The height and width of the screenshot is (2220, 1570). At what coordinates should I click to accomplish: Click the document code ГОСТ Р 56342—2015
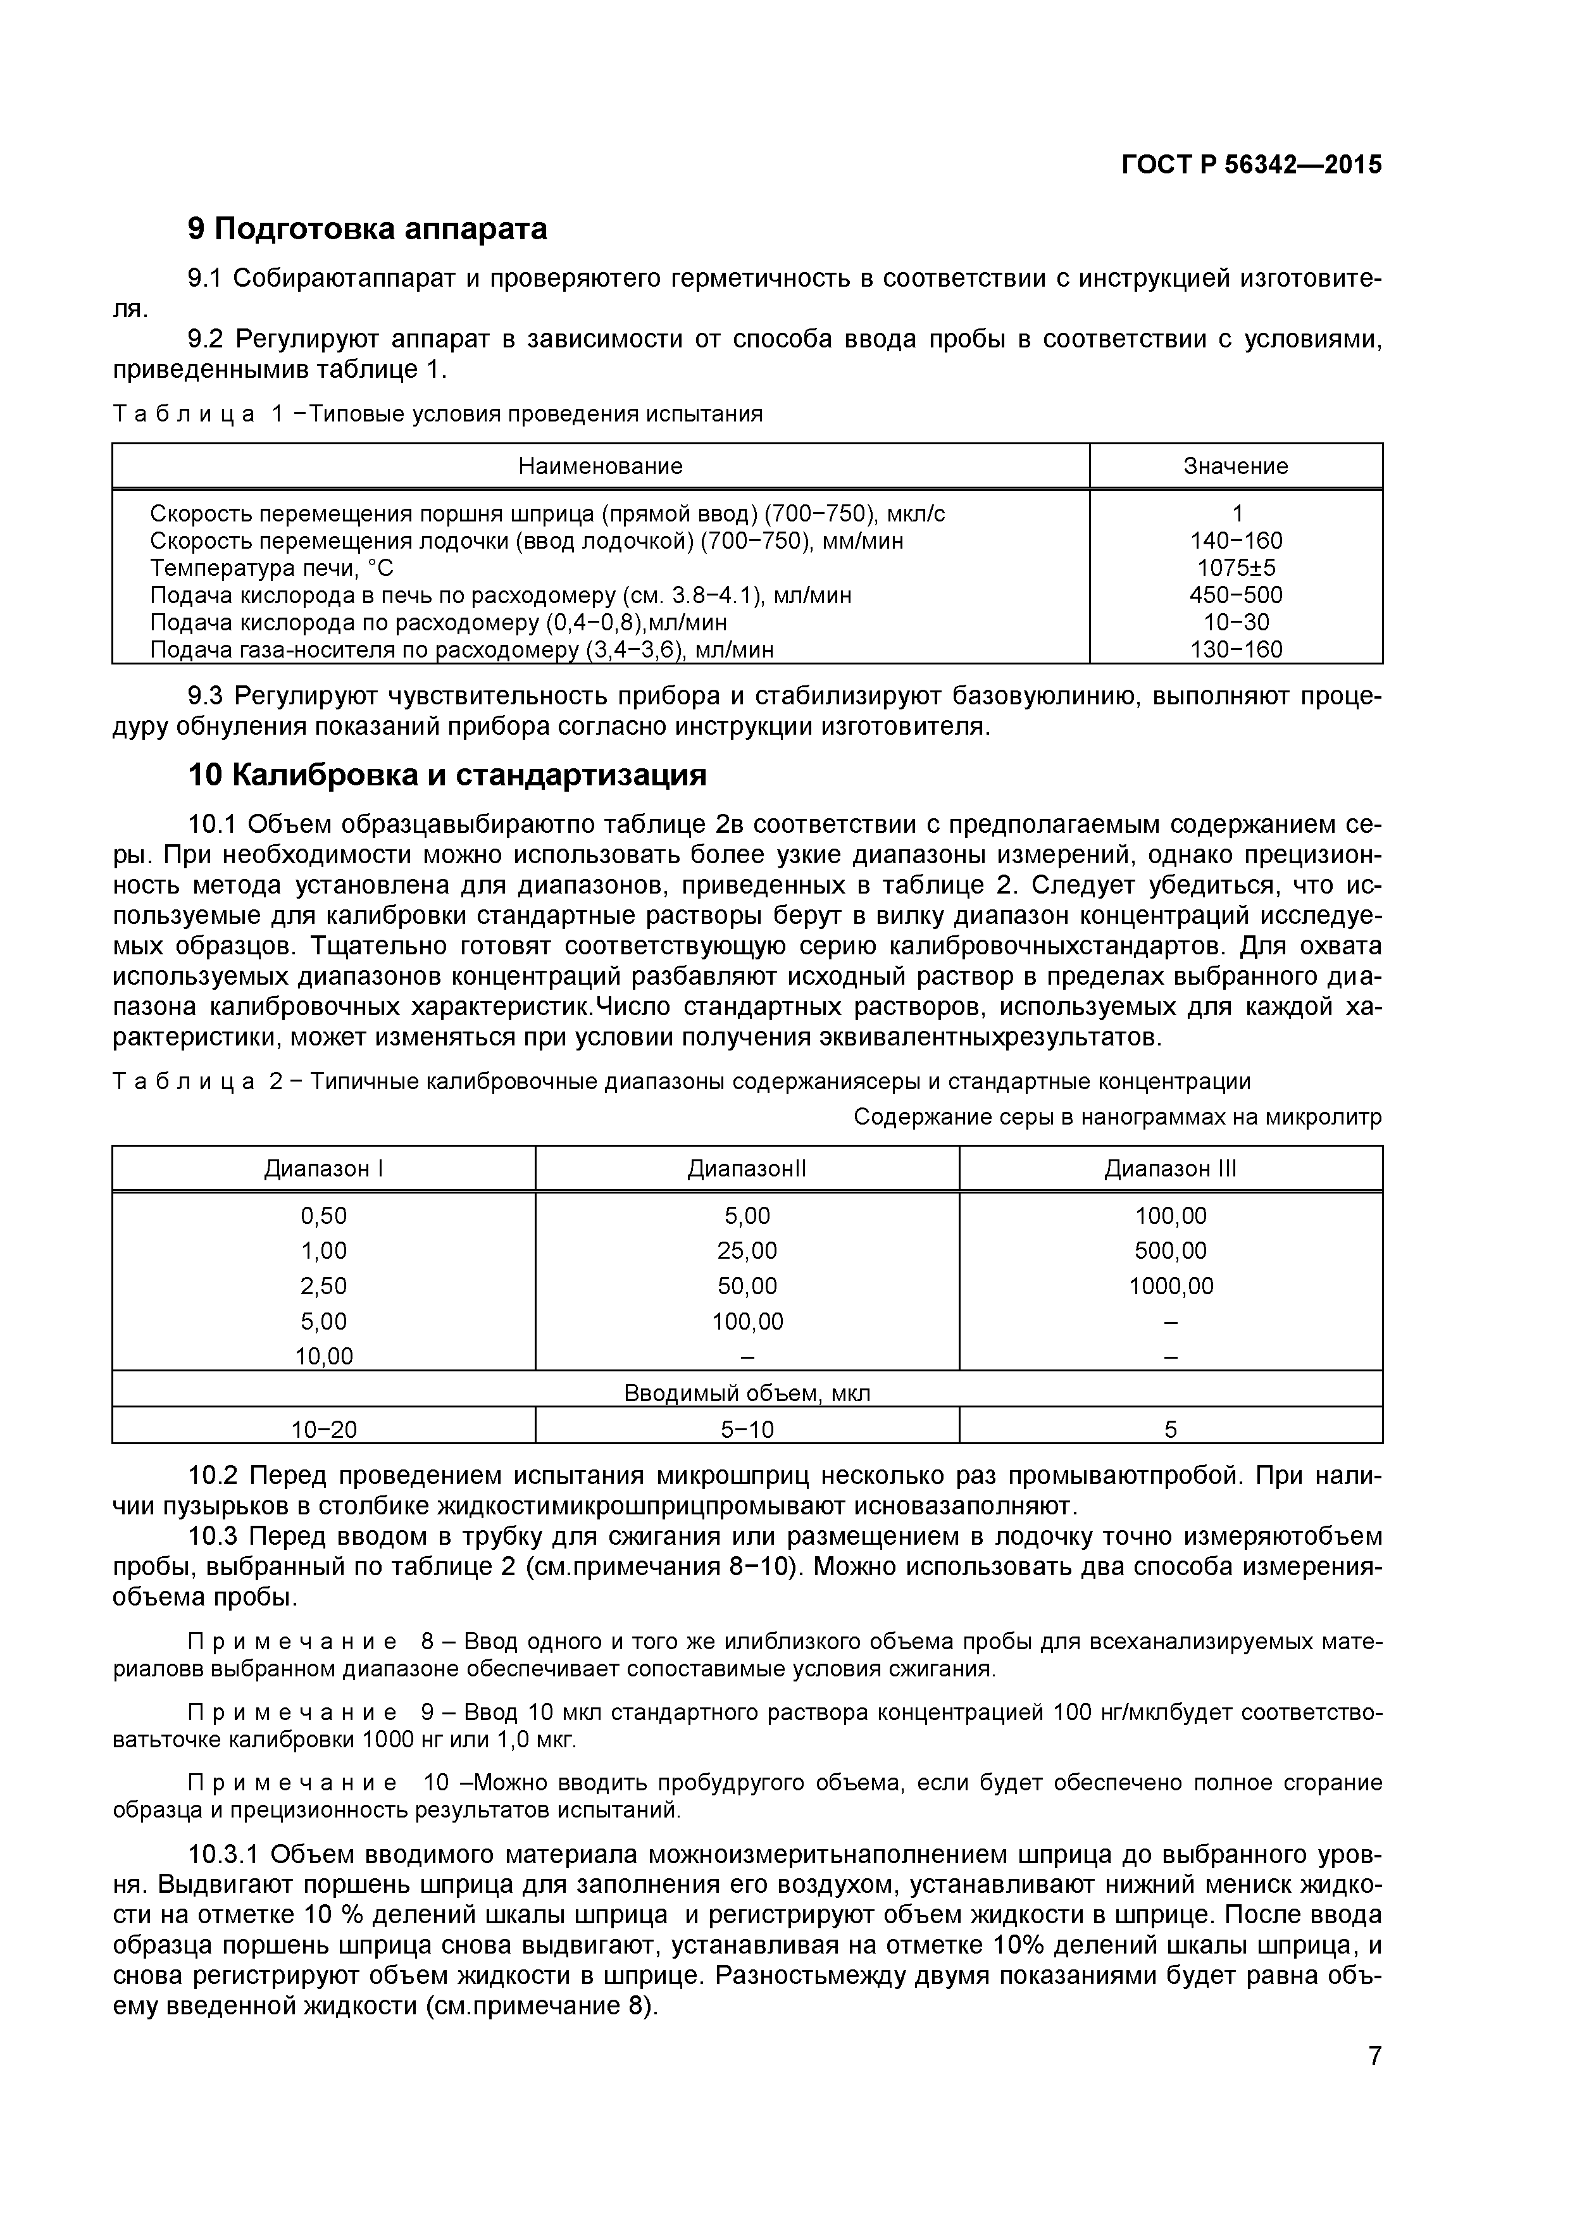[1251, 165]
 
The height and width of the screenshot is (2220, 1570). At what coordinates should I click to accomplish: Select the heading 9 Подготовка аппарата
[368, 229]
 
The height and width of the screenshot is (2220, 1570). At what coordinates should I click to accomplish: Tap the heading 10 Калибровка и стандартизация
[447, 775]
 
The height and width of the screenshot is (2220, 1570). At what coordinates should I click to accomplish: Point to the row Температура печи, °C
[271, 568]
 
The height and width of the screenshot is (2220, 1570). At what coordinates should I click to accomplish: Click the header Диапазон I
[324, 1169]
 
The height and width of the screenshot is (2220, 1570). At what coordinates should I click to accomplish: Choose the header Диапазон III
[1170, 1169]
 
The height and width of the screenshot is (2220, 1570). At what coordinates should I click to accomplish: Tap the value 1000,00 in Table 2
[1170, 1286]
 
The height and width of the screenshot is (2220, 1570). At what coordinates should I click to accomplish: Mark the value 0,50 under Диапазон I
[324, 1216]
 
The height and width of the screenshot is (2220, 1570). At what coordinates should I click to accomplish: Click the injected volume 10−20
[324, 1429]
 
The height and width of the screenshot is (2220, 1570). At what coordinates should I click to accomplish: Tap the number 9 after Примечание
[428, 1713]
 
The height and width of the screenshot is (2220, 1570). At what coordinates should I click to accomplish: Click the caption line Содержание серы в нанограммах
[1117, 1118]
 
